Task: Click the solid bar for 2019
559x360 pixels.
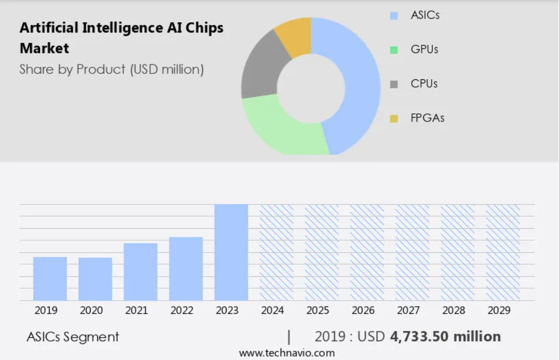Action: tap(50, 278)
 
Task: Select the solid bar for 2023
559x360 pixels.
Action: tap(231, 252)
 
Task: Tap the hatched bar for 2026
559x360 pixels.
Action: tap(367, 252)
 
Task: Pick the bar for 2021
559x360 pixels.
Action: tap(140, 272)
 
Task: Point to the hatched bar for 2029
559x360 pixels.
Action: tap(503, 252)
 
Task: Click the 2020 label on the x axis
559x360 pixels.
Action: tap(91, 310)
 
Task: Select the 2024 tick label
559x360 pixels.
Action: tap(273, 310)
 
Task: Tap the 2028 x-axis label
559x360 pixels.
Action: tap(454, 310)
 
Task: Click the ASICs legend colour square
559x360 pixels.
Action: tap(394, 16)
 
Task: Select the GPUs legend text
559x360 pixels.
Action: tap(424, 50)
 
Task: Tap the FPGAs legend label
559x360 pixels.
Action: tap(427, 118)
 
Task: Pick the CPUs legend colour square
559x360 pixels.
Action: tap(394, 84)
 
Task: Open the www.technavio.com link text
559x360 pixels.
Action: tap(287, 353)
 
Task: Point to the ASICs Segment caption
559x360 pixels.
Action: tap(73, 337)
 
